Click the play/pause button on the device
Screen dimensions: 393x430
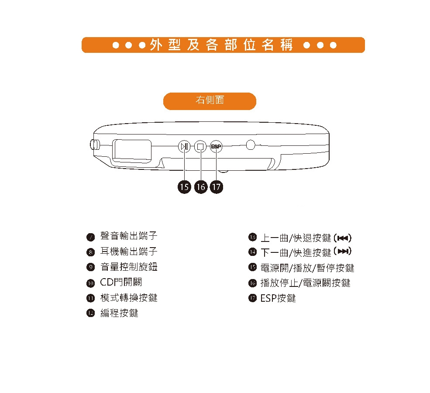[184, 146]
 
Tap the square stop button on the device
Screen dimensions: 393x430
[200, 146]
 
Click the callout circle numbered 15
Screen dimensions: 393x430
[184, 187]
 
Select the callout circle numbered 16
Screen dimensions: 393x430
[200, 187]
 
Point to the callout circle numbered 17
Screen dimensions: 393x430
[216, 187]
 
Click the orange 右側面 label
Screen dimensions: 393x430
[210, 101]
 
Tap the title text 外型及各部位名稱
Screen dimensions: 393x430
[223, 45]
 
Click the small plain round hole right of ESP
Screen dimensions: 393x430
[251, 145]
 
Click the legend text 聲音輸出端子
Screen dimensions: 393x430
[129, 236]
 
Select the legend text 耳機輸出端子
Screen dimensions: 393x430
[129, 252]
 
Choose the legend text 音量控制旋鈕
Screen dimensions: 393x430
[129, 267]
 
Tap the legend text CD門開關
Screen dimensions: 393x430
[121, 282]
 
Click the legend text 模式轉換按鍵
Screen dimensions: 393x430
[129, 298]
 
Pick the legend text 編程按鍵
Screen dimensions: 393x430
[119, 313]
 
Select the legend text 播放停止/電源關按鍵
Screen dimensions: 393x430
[305, 283]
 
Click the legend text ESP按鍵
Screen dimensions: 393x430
[278, 298]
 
